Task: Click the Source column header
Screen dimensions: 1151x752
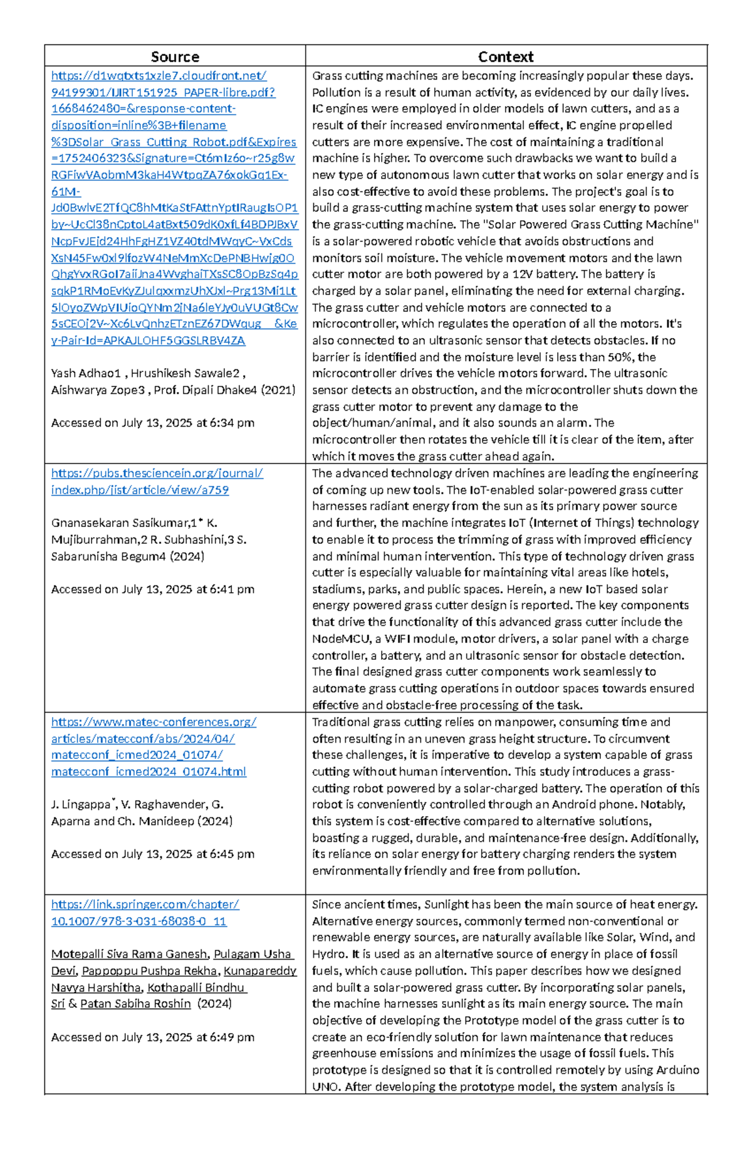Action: (x=175, y=57)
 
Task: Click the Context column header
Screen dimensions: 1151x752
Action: (x=506, y=57)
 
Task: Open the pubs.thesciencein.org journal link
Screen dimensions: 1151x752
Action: (x=157, y=474)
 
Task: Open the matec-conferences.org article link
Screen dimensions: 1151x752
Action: (x=154, y=722)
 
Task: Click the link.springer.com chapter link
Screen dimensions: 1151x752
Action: (x=145, y=904)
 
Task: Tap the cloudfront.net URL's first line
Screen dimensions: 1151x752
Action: (x=159, y=76)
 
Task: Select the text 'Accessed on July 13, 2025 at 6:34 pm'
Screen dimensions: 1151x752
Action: (x=152, y=423)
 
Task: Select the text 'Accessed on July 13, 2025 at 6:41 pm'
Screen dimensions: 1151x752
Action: (x=152, y=589)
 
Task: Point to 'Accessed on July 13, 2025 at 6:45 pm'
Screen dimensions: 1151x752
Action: (x=152, y=854)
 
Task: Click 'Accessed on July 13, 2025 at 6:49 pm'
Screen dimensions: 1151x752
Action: (x=152, y=1037)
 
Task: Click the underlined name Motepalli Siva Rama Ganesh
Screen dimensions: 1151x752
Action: (x=130, y=954)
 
